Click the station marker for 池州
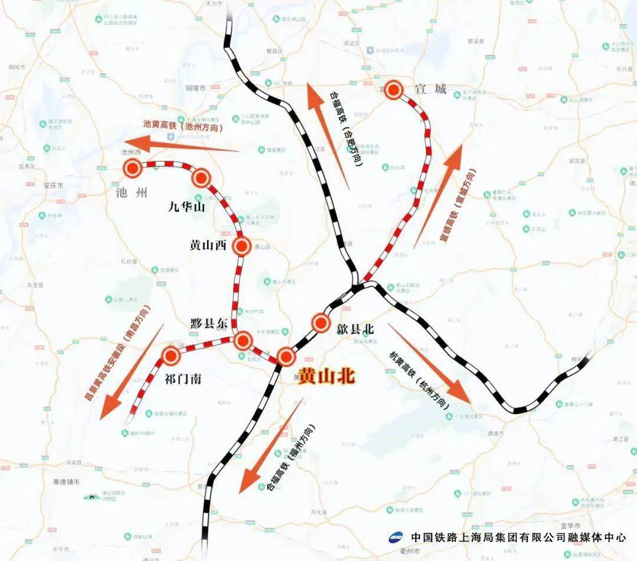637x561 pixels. pos(133,169)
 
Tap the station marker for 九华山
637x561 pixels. pos(201,177)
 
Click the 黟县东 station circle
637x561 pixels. pos(243,341)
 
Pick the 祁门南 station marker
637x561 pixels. pos(172,355)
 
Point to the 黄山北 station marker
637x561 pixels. pos(286,357)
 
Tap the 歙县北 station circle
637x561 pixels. pos(321,322)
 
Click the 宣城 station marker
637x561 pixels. pos(394,90)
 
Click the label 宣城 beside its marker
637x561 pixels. pos(430,90)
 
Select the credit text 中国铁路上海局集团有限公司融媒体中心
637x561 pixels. pos(518,537)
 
